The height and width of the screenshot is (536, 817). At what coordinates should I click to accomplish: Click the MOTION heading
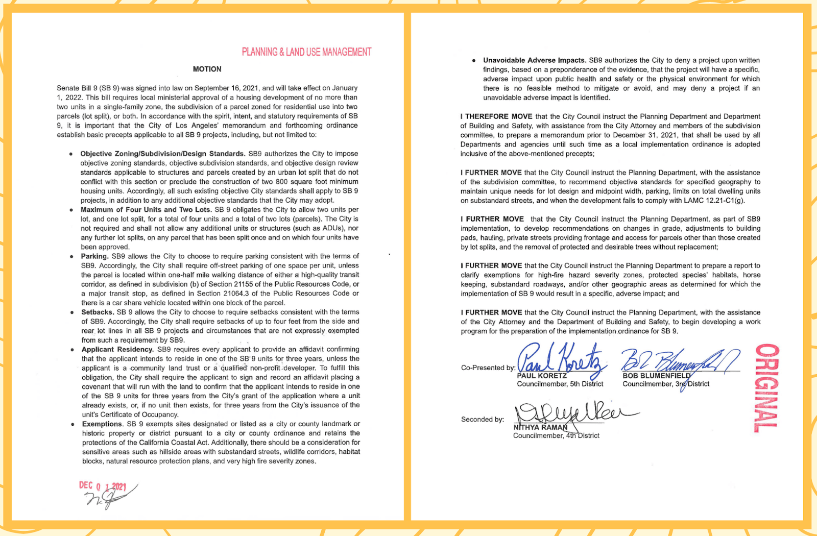[x=207, y=69]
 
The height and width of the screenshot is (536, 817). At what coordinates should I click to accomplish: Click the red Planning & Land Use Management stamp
[x=306, y=52]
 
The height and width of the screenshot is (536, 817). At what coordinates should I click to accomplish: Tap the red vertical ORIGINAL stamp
[x=767, y=388]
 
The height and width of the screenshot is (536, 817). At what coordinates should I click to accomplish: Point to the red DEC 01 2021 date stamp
[x=102, y=486]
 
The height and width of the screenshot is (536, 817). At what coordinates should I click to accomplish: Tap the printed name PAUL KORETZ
[x=542, y=376]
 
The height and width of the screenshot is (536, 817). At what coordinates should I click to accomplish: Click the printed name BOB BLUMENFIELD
[x=656, y=376]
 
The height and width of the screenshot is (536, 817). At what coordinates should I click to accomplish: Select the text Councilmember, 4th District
[x=556, y=435]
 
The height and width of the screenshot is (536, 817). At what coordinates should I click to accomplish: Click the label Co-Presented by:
[x=488, y=368]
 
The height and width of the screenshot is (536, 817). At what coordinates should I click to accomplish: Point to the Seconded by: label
[x=483, y=419]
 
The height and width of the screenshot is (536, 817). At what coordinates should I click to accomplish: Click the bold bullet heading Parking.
[x=94, y=256]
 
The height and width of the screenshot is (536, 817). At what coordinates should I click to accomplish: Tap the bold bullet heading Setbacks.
[x=98, y=312]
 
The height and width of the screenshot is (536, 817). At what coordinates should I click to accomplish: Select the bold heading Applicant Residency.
[x=117, y=349]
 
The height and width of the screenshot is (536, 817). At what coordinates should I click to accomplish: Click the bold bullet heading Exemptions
[x=102, y=424]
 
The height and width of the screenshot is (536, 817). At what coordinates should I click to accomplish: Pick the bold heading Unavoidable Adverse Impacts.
[x=535, y=60]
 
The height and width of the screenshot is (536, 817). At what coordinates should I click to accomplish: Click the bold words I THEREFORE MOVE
[x=496, y=116]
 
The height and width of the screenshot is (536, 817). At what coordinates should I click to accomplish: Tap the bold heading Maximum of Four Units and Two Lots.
[x=146, y=209]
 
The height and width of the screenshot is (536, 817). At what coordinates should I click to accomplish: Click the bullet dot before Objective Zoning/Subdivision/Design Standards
[x=71, y=154]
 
